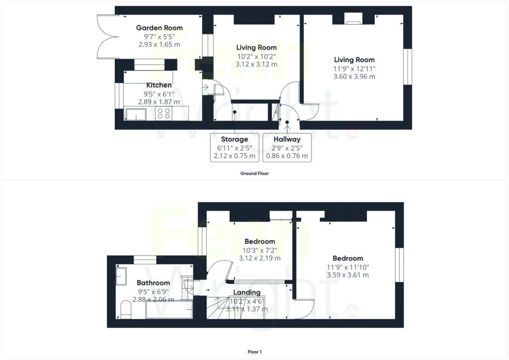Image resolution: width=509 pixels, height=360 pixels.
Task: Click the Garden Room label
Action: (x=159, y=28)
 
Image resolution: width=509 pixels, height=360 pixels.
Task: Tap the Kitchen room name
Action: (x=159, y=85)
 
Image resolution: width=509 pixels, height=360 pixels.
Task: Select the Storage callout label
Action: (x=235, y=139)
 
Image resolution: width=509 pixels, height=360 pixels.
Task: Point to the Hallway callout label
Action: (x=287, y=139)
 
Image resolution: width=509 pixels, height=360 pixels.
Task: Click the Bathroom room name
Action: (x=153, y=283)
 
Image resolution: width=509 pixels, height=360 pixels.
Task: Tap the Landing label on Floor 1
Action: (x=247, y=292)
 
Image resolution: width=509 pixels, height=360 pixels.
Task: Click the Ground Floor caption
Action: (x=254, y=174)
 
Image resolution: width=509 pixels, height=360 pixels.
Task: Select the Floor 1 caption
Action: (x=254, y=352)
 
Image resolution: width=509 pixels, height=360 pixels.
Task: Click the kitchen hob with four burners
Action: (x=164, y=113)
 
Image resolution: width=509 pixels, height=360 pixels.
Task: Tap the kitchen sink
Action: (x=136, y=114)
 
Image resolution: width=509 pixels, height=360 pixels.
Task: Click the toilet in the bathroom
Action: (x=126, y=310)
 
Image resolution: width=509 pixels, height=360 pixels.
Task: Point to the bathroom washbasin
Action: (x=121, y=276)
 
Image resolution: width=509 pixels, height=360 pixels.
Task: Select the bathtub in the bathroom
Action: (x=169, y=309)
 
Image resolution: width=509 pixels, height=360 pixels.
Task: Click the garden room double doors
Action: (x=108, y=37)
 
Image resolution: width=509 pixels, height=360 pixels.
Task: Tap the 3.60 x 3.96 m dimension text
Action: (x=354, y=77)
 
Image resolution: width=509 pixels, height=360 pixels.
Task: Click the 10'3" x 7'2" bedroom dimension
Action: (x=259, y=251)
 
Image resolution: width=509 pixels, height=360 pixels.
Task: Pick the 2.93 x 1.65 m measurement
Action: (x=159, y=44)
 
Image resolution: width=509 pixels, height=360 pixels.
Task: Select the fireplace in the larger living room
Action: (x=353, y=19)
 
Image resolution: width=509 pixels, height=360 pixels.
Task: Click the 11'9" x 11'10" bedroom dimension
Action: (x=347, y=268)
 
